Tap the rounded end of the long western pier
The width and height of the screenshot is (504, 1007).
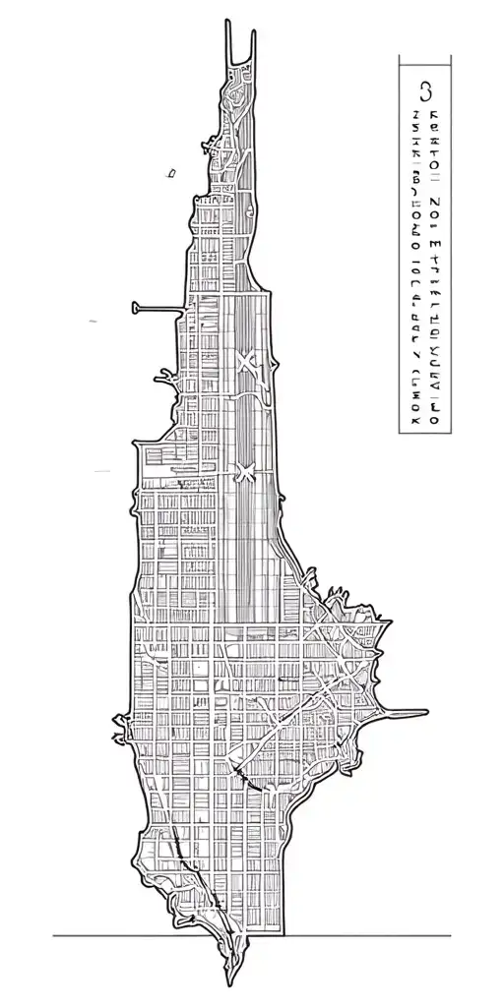[136, 308]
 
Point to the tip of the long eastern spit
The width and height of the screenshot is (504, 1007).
[425, 712]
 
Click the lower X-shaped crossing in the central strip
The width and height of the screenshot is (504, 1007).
[244, 472]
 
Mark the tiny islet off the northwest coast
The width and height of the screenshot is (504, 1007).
[170, 173]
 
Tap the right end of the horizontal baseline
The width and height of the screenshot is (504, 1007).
[450, 935]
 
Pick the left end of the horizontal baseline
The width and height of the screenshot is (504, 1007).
[54, 935]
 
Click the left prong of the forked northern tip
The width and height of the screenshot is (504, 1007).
[227, 24]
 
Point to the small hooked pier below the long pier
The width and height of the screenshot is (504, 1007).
[160, 373]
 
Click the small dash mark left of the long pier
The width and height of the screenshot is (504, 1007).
[94, 321]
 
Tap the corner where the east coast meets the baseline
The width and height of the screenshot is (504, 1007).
[286, 935]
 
